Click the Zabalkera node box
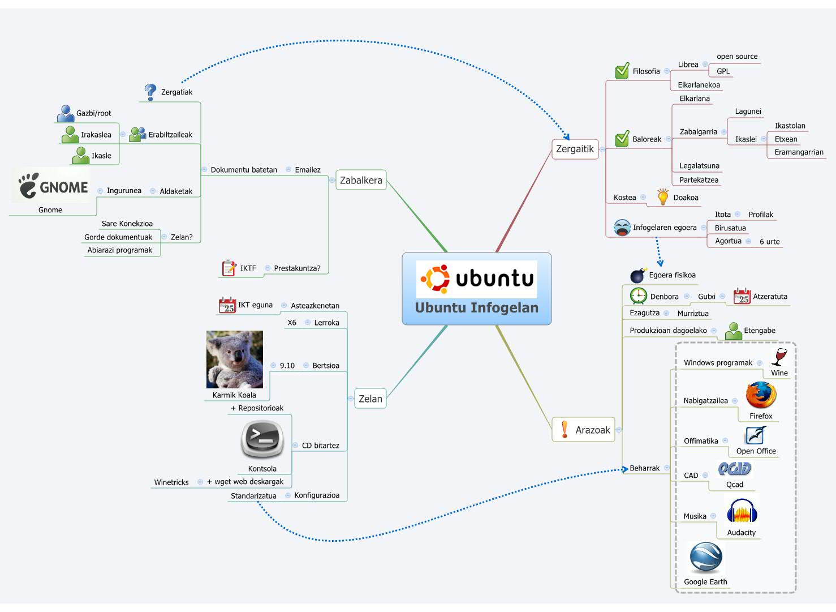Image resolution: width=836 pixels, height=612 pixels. (x=361, y=180)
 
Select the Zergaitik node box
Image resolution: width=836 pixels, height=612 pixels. (x=575, y=149)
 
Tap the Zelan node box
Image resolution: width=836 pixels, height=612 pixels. (x=370, y=399)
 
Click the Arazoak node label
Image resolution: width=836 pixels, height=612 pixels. (x=592, y=430)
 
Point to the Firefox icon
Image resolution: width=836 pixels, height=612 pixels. (x=761, y=395)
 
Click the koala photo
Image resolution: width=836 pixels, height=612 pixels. (x=234, y=360)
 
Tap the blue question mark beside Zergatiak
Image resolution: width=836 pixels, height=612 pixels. (x=150, y=92)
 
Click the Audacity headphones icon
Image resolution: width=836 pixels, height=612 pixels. (x=742, y=512)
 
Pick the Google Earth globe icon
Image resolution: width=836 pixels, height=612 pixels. (x=705, y=558)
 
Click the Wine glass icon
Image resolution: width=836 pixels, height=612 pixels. (x=779, y=357)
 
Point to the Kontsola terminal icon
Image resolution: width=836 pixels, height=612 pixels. (x=262, y=439)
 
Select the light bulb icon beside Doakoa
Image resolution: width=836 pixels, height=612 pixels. (x=663, y=196)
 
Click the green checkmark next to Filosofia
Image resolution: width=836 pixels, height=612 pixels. (x=622, y=71)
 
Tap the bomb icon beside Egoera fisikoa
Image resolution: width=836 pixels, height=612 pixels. (x=638, y=276)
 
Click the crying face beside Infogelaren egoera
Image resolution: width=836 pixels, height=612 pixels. (x=622, y=228)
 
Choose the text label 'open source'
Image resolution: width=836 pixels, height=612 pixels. (x=736, y=57)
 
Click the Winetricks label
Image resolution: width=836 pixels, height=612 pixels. (x=171, y=482)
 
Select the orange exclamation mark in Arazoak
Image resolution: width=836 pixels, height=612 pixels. (x=564, y=430)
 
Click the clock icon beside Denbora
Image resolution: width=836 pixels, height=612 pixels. (x=639, y=296)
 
